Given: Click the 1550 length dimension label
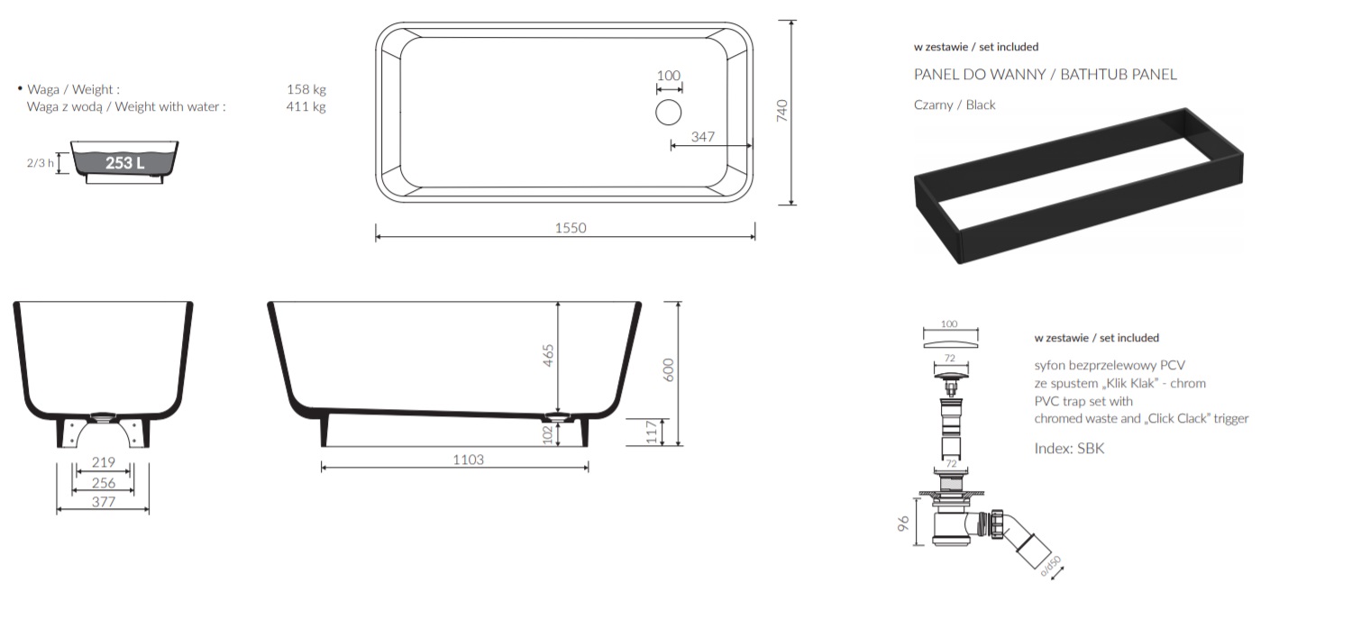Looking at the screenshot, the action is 571,228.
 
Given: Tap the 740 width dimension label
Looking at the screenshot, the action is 781,111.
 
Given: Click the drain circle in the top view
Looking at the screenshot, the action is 668,113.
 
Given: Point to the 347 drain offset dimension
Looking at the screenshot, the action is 702,137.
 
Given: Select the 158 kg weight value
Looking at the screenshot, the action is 306,89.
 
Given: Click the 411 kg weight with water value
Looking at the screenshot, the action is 306,107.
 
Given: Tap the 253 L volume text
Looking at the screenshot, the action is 125,163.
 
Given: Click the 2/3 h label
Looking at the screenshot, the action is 40,163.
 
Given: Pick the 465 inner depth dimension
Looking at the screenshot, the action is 548,356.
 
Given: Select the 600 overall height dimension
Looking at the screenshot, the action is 669,369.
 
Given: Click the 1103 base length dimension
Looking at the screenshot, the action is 469,460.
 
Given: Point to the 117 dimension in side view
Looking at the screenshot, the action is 652,432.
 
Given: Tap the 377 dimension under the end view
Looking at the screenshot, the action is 104,502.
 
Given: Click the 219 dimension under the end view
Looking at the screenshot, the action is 104,462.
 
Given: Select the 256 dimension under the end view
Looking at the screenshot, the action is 104,483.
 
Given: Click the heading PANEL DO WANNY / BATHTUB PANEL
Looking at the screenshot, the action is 1046,74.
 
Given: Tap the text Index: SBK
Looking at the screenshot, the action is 1069,448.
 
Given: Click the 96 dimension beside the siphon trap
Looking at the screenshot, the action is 903,523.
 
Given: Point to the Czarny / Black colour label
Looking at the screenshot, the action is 955,105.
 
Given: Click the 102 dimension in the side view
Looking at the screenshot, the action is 548,435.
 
